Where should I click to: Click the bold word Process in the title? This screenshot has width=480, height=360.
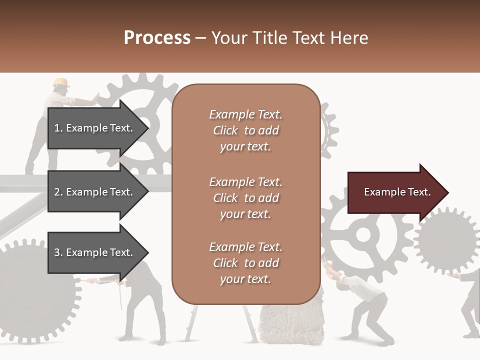(x=157, y=38)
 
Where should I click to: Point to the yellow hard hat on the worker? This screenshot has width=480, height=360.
(x=61, y=82)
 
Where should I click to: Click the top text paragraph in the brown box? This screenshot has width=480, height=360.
(x=245, y=130)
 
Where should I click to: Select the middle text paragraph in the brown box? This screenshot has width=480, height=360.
(x=245, y=198)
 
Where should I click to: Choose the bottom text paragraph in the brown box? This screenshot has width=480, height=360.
(x=245, y=263)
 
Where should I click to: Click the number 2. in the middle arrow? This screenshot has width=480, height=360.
(x=58, y=192)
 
